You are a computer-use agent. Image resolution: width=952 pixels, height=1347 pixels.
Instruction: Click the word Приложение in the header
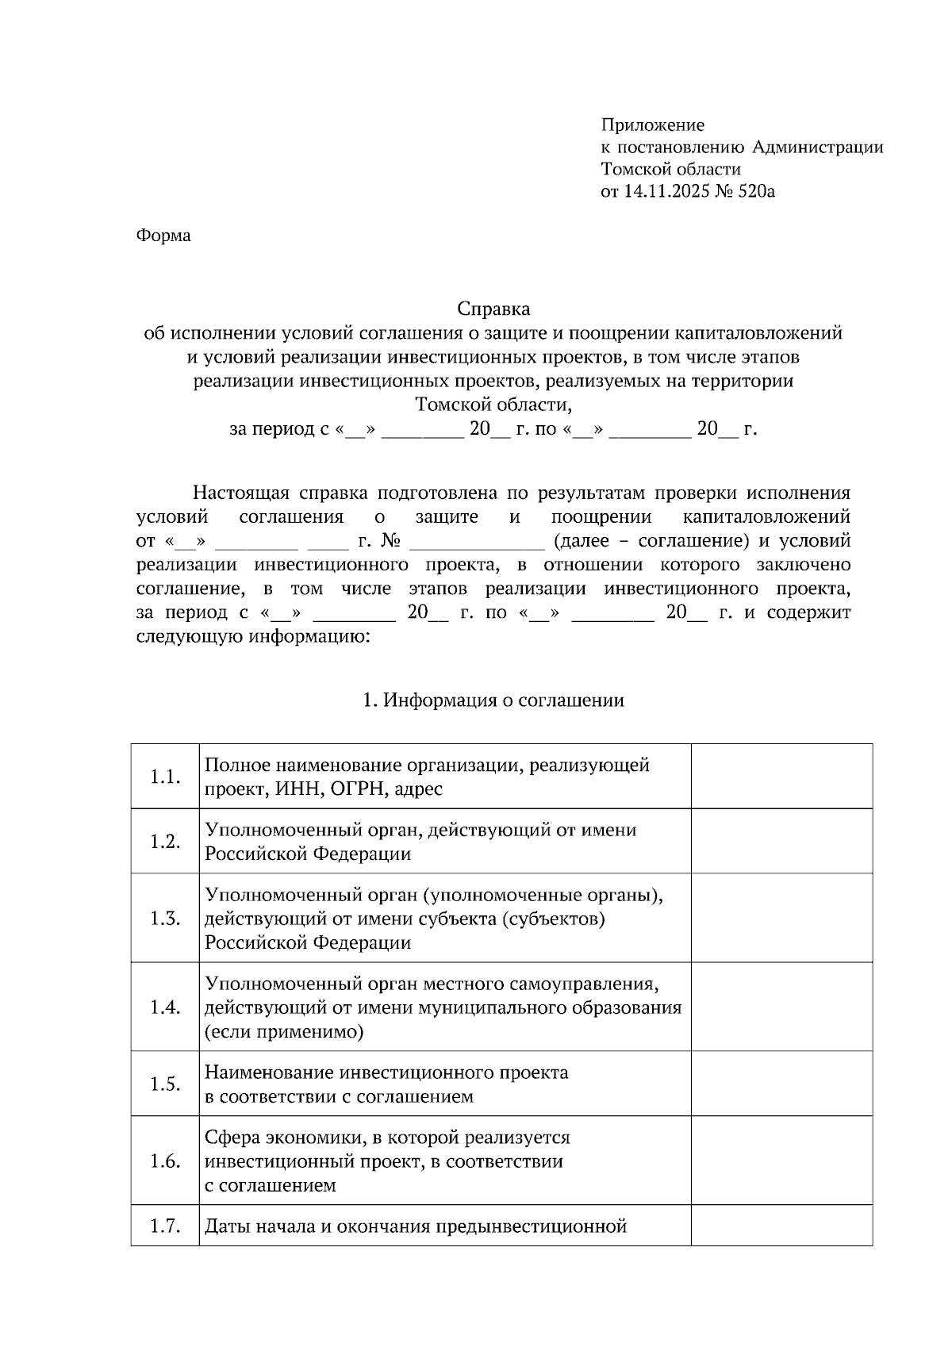(x=652, y=125)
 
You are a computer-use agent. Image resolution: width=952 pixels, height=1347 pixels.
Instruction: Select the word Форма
(x=163, y=236)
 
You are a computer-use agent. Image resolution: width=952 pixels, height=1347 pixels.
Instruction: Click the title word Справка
(x=493, y=308)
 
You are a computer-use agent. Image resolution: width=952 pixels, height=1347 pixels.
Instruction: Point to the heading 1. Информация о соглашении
(x=493, y=700)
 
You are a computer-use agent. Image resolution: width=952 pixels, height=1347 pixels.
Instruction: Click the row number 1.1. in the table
(x=165, y=777)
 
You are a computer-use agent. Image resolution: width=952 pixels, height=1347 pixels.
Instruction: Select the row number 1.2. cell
(x=165, y=842)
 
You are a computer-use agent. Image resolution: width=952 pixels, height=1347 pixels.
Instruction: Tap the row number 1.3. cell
(x=165, y=919)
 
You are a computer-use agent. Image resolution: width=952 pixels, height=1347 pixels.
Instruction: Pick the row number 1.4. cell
(x=165, y=1007)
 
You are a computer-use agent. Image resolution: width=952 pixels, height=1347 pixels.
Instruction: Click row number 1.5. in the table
(x=165, y=1084)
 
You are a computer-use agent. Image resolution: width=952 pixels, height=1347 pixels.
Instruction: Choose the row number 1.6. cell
(x=165, y=1161)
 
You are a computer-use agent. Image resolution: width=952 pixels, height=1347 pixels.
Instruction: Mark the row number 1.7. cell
(x=165, y=1226)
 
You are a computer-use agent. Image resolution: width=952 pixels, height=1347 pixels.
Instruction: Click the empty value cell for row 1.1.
(x=781, y=777)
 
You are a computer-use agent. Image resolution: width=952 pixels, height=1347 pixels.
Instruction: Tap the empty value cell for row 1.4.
(x=781, y=1007)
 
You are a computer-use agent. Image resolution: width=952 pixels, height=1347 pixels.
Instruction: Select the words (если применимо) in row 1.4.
(x=284, y=1033)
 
